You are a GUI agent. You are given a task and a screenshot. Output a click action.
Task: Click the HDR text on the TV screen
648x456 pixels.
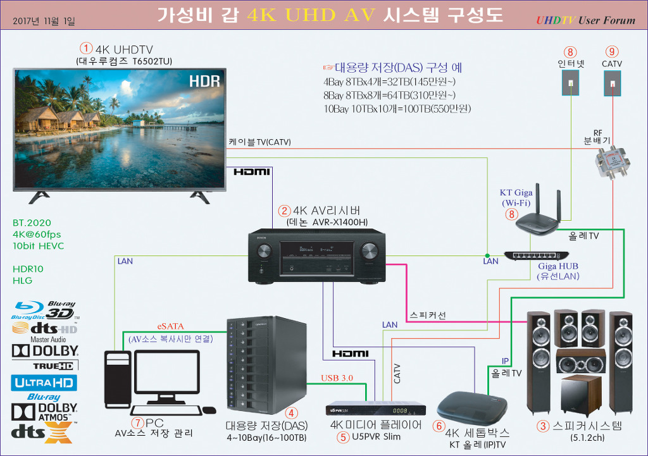[204, 81]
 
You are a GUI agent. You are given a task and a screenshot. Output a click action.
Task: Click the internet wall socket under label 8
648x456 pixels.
[571, 82]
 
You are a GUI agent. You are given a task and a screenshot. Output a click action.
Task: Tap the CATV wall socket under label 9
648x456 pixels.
[612, 82]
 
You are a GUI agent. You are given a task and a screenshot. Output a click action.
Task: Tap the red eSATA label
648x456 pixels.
[170, 326]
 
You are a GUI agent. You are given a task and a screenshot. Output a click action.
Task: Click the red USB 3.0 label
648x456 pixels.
[337, 378]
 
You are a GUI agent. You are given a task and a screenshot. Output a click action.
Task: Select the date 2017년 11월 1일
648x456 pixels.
[44, 21]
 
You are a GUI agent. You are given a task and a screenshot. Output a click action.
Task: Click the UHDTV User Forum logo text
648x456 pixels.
[585, 20]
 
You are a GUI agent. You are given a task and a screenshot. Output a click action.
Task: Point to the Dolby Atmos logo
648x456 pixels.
[44, 412]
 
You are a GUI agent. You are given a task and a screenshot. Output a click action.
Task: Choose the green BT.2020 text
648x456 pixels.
[32, 223]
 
